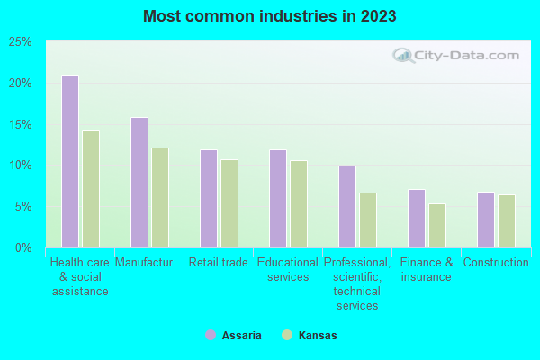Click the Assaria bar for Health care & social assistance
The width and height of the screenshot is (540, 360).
point(69,161)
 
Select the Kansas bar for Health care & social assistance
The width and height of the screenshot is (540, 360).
point(91,189)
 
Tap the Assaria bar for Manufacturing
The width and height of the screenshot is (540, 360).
point(139,183)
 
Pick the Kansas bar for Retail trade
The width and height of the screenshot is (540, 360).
point(229,203)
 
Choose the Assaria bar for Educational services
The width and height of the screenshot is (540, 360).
point(277,199)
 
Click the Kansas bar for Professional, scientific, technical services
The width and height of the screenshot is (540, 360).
point(368,220)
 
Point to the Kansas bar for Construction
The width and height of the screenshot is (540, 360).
point(507,221)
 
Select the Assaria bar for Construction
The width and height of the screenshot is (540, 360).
point(485,220)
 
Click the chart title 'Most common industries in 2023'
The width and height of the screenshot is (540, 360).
point(270,16)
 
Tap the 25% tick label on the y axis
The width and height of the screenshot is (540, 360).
point(21,42)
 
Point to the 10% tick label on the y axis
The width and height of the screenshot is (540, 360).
point(21,166)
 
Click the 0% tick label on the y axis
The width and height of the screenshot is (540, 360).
point(23,247)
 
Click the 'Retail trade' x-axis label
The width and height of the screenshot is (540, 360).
point(219,263)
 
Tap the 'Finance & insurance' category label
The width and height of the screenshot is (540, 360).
point(427,270)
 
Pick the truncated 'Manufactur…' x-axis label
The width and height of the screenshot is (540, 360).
point(149,263)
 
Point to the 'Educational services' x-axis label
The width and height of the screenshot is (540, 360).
point(288,270)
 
